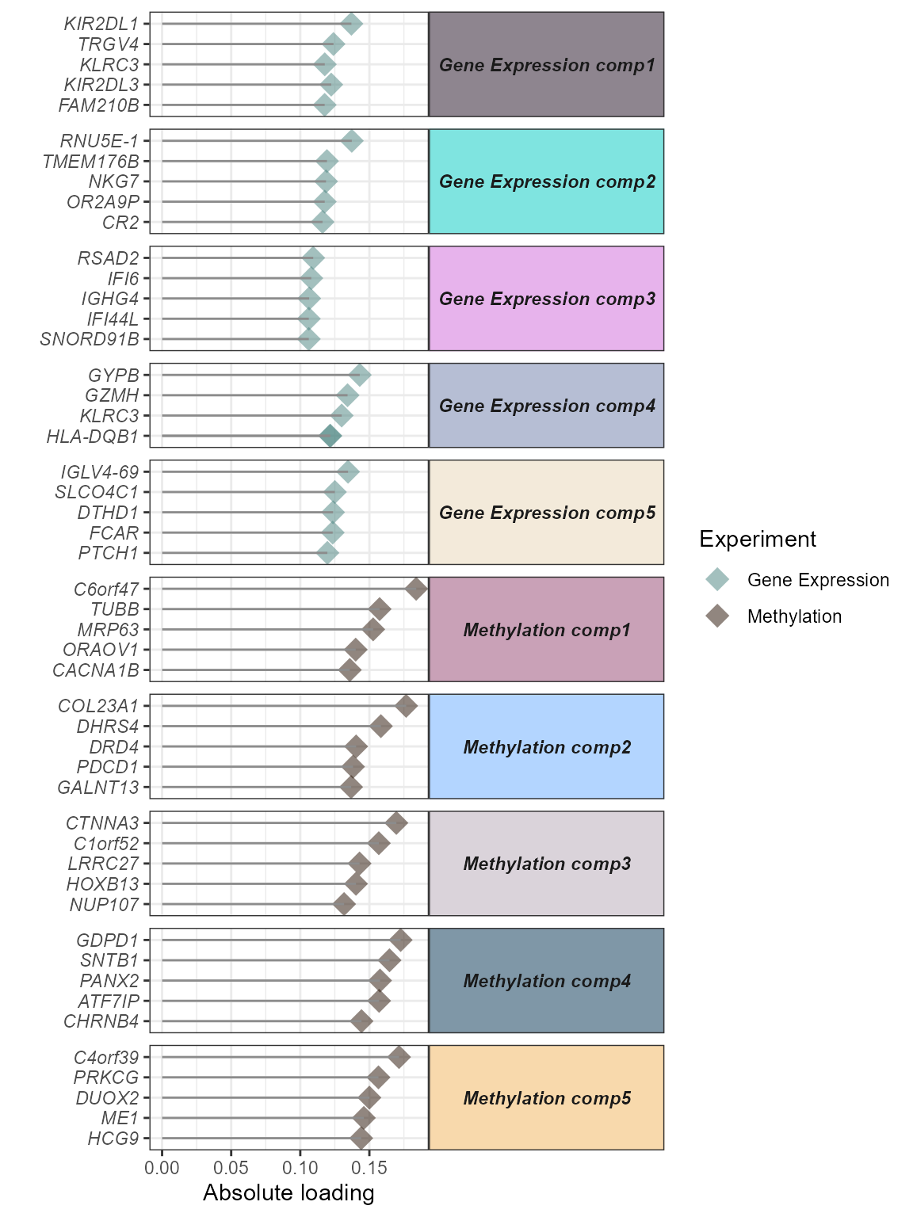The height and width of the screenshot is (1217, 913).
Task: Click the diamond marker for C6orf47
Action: pos(416,589)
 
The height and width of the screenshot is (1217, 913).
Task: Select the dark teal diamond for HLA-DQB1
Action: pos(330,436)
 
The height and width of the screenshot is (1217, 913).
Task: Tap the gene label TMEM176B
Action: pos(90,162)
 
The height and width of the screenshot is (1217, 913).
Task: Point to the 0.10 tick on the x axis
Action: pos(300,1167)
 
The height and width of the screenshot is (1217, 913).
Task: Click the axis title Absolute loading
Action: pos(288,1192)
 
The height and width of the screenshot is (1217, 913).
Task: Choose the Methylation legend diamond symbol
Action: pos(717,616)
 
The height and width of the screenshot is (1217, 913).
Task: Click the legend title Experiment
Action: pos(757,539)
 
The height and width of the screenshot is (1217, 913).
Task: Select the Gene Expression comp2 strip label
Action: pos(546,181)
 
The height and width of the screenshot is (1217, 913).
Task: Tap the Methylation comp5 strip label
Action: pos(546,1098)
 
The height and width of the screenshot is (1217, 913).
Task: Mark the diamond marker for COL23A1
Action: pos(407,706)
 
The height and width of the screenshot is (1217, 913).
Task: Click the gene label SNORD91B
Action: pos(89,339)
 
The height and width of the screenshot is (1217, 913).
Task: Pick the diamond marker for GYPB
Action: pos(360,375)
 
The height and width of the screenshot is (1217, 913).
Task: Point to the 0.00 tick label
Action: pos(162,1167)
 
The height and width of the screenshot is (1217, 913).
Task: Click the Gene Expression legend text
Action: pos(818,580)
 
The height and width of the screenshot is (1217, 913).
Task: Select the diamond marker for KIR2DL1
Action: pos(352,24)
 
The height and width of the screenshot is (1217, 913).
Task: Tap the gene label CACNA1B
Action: pos(95,670)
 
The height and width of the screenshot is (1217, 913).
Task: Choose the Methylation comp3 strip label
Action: pos(546,864)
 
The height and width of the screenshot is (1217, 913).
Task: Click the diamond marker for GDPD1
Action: pos(401,940)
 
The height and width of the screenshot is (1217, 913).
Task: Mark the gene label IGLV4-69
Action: pos(99,472)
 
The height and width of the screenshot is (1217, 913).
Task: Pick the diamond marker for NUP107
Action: pos(344,904)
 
